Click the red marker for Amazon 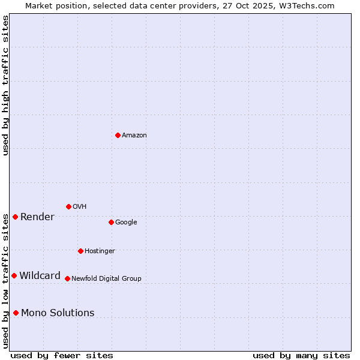118,135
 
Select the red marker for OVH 68,206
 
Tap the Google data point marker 111,222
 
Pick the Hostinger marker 80,251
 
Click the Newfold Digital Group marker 67,278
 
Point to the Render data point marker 15,217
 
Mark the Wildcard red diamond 14,275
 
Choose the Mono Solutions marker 16,313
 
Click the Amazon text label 134,136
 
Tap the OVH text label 79,207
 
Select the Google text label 126,223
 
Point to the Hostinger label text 100,251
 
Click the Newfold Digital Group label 106,279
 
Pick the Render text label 37,217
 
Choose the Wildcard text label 40,276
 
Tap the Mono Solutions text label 58,313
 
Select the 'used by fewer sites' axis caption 62,355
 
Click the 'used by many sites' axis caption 301,355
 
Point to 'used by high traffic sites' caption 5,85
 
